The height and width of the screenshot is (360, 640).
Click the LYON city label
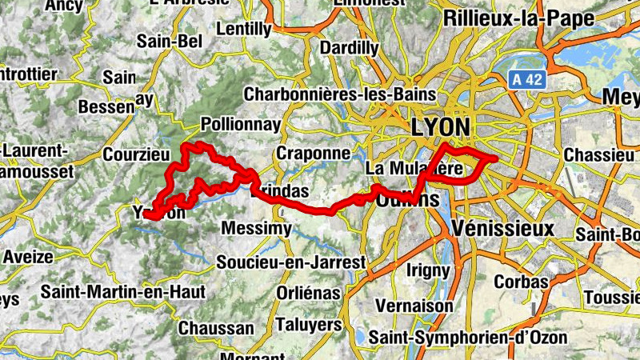[x=439, y=127]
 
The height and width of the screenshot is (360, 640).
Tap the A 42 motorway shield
[x=524, y=79]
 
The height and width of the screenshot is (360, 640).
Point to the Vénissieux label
[x=502, y=229]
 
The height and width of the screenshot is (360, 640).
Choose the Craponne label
[x=313, y=152]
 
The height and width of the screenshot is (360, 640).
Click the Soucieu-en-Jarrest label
[x=291, y=262]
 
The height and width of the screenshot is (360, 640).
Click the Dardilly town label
[x=350, y=48]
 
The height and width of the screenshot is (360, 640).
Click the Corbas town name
[x=521, y=282]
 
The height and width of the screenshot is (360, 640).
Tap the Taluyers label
[x=308, y=325]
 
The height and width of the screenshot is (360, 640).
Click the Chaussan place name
[x=216, y=328]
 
